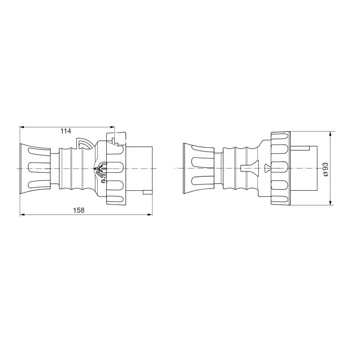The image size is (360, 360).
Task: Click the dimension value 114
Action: click(x=66, y=131)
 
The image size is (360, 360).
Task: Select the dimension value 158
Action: click(x=79, y=210)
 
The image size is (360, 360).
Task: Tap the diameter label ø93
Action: click(x=326, y=170)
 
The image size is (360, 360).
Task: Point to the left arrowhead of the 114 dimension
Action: click(x=22, y=127)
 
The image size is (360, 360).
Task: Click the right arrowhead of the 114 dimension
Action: click(x=112, y=127)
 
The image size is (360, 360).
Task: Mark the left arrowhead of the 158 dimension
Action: click(x=22, y=215)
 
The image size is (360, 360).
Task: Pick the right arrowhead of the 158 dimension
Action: click(x=150, y=215)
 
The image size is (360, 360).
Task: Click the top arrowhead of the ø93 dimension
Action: click(x=330, y=134)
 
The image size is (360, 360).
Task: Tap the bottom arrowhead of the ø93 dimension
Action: click(x=330, y=202)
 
